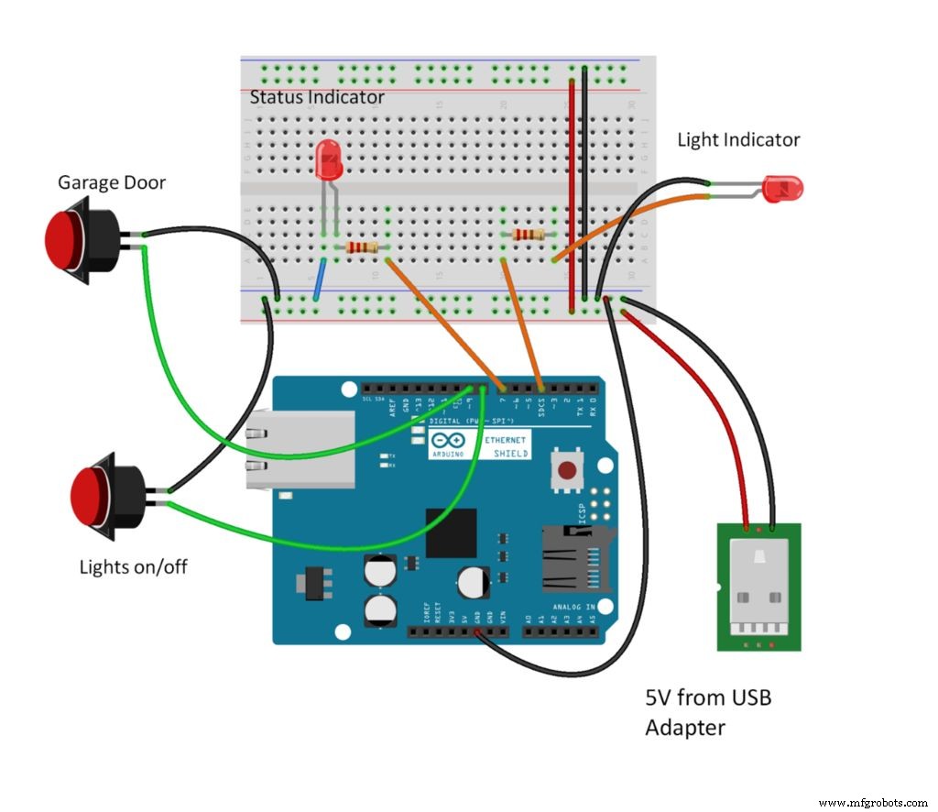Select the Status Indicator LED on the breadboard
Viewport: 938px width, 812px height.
(328, 161)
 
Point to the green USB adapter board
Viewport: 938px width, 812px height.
(758, 587)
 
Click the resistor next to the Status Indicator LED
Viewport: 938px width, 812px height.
(361, 247)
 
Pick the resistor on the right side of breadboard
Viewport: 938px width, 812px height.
(529, 235)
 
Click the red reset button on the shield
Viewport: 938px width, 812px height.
(567, 471)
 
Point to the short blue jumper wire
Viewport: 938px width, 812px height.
(318, 280)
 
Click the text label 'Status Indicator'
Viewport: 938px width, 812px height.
(317, 96)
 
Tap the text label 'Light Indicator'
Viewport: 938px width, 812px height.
(738, 139)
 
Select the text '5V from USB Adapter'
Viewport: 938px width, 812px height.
(708, 712)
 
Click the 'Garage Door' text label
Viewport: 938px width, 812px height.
(112, 182)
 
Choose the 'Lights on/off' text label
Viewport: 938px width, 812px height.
(133, 566)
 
